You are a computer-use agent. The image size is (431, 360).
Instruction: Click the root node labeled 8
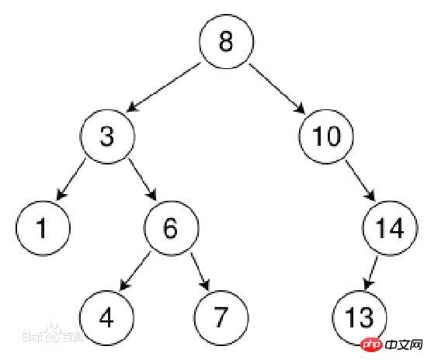pos(226,41)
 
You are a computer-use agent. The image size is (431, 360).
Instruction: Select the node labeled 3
pos(107,137)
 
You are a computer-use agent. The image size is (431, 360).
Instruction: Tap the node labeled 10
pos(326,137)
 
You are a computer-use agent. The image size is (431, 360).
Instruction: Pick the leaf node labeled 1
pos(43,228)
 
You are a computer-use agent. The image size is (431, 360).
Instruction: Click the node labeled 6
pos(171,228)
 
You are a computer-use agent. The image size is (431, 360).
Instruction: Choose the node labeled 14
pos(390,228)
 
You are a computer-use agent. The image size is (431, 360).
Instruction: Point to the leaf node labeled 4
pos(106,317)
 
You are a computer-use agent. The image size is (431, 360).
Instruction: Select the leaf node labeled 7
pos(221,317)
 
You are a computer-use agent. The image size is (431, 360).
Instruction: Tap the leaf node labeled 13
pos(360,317)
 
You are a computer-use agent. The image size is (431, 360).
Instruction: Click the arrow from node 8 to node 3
pos(164,88)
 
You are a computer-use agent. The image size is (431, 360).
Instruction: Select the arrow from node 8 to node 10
pos(276,88)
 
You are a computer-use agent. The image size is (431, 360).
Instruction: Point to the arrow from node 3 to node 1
pos(71,179)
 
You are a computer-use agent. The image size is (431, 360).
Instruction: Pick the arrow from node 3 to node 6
pos(142,179)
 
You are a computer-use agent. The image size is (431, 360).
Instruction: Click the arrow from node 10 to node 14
pos(360,181)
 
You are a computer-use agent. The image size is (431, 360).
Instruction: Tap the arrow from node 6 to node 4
pos(135,271)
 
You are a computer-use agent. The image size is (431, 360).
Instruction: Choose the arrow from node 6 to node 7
pos(200,272)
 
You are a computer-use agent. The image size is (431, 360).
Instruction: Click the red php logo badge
pos(371,344)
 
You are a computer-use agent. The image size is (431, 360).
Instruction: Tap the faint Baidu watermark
pos(52,334)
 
